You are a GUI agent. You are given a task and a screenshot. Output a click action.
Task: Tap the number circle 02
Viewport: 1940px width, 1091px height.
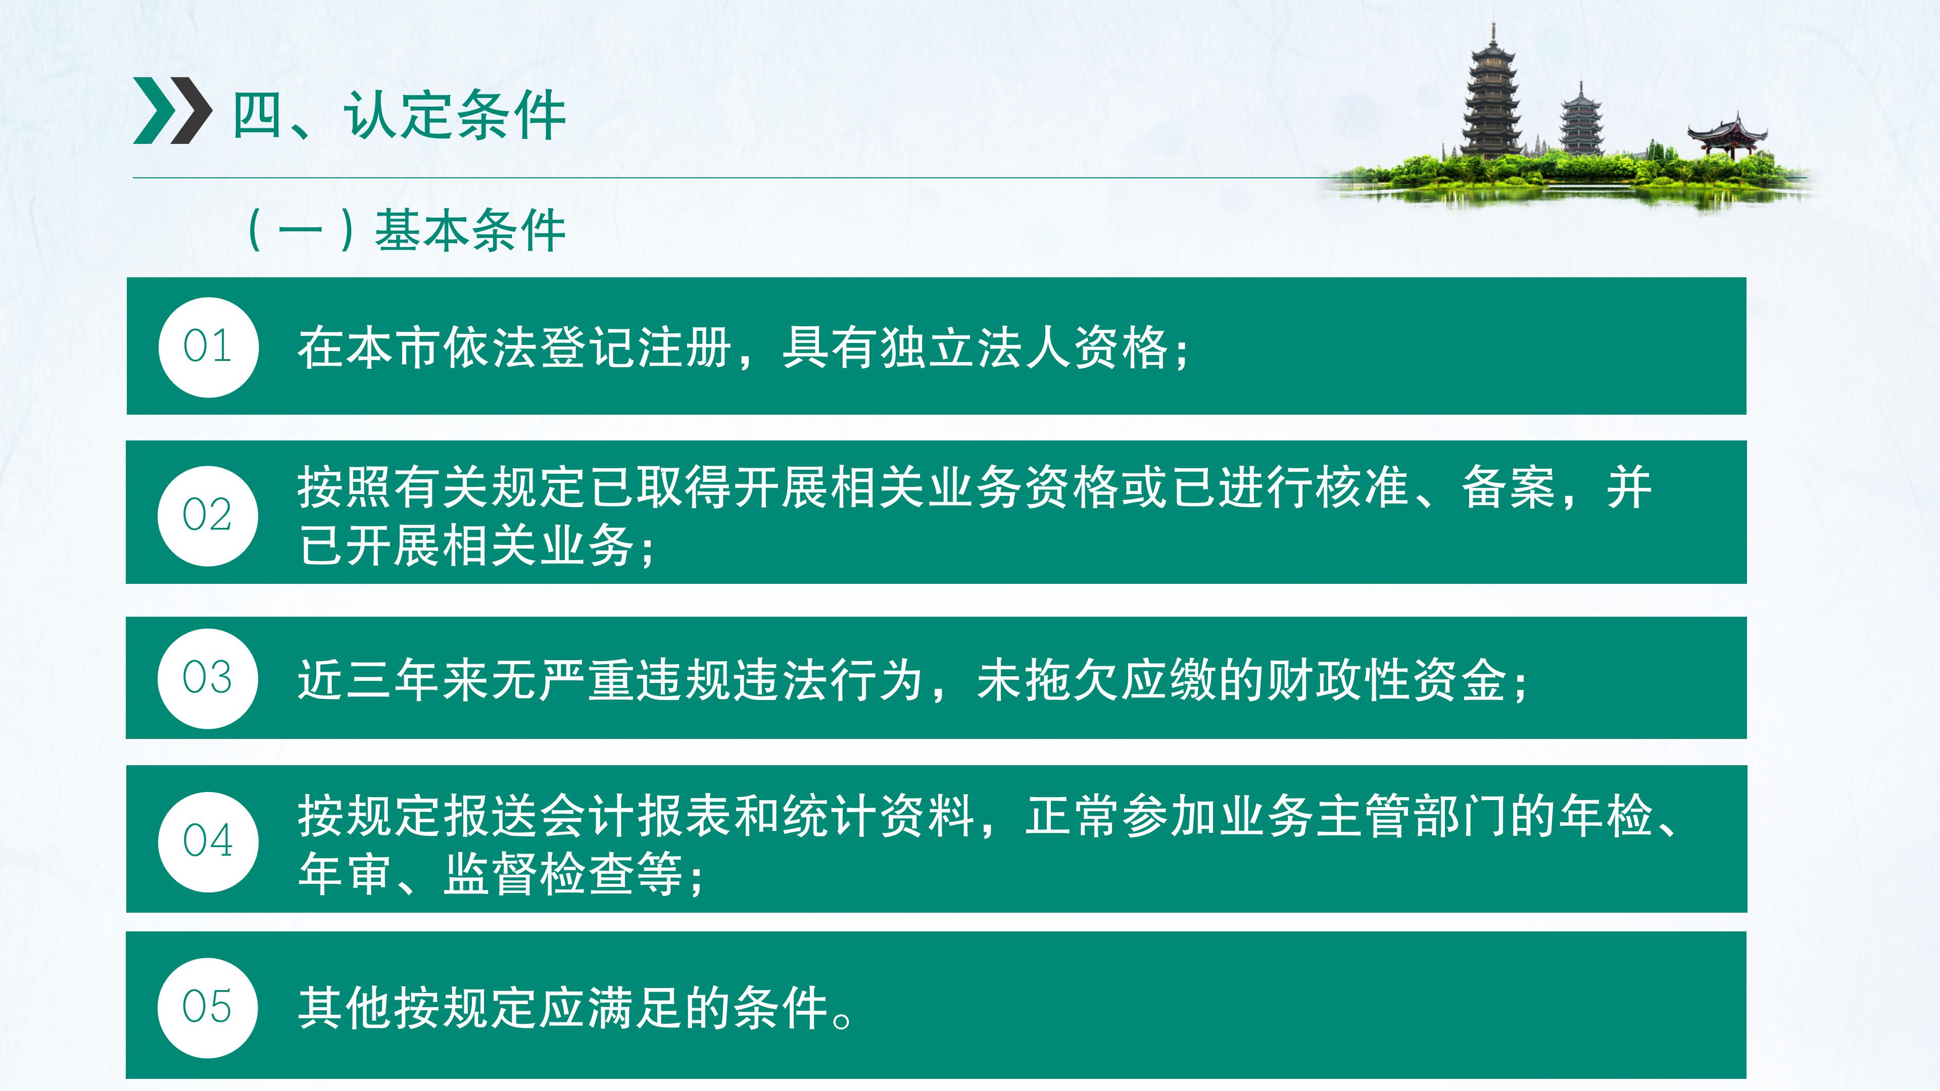click(x=208, y=516)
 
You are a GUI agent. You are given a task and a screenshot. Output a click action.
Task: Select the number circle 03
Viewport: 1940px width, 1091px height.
click(x=208, y=678)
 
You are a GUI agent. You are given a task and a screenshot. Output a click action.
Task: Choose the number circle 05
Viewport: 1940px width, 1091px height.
click(x=208, y=1008)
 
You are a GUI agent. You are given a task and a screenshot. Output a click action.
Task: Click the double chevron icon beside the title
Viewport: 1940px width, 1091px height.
click(x=172, y=110)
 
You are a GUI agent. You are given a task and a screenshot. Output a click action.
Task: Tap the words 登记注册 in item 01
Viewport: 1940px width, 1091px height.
click(x=637, y=348)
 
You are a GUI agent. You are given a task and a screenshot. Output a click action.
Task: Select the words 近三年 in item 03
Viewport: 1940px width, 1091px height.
click(x=370, y=680)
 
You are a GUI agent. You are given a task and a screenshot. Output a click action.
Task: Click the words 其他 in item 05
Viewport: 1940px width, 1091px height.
click(x=346, y=1008)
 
